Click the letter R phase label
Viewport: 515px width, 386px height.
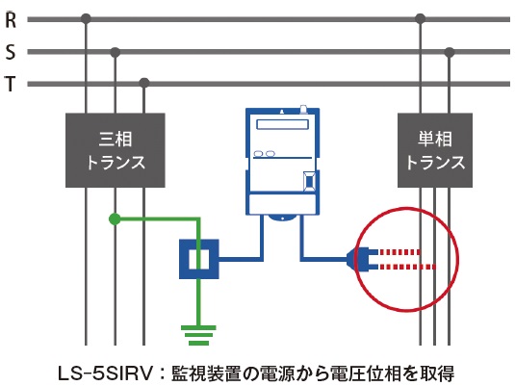[11, 19]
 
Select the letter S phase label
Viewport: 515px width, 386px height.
[11, 52]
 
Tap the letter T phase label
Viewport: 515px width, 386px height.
[11, 84]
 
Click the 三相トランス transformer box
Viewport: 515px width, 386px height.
[116, 150]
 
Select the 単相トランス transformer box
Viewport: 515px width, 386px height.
[435, 150]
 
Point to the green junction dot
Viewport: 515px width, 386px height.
[115, 219]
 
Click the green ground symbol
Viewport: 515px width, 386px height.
[198, 335]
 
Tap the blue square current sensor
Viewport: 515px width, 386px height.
[198, 259]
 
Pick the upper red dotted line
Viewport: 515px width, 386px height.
[400, 252]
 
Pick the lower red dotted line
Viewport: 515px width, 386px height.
[408, 267]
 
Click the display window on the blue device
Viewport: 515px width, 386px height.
[282, 124]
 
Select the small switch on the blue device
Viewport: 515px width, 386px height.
[309, 181]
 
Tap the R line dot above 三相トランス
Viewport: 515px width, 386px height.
[86, 19]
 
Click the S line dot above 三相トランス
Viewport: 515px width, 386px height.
[115, 52]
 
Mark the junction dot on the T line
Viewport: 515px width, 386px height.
[144, 83]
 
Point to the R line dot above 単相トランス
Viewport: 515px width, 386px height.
[421, 19]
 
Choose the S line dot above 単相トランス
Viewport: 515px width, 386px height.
[450, 52]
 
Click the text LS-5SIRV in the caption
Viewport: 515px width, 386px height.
[106, 373]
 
